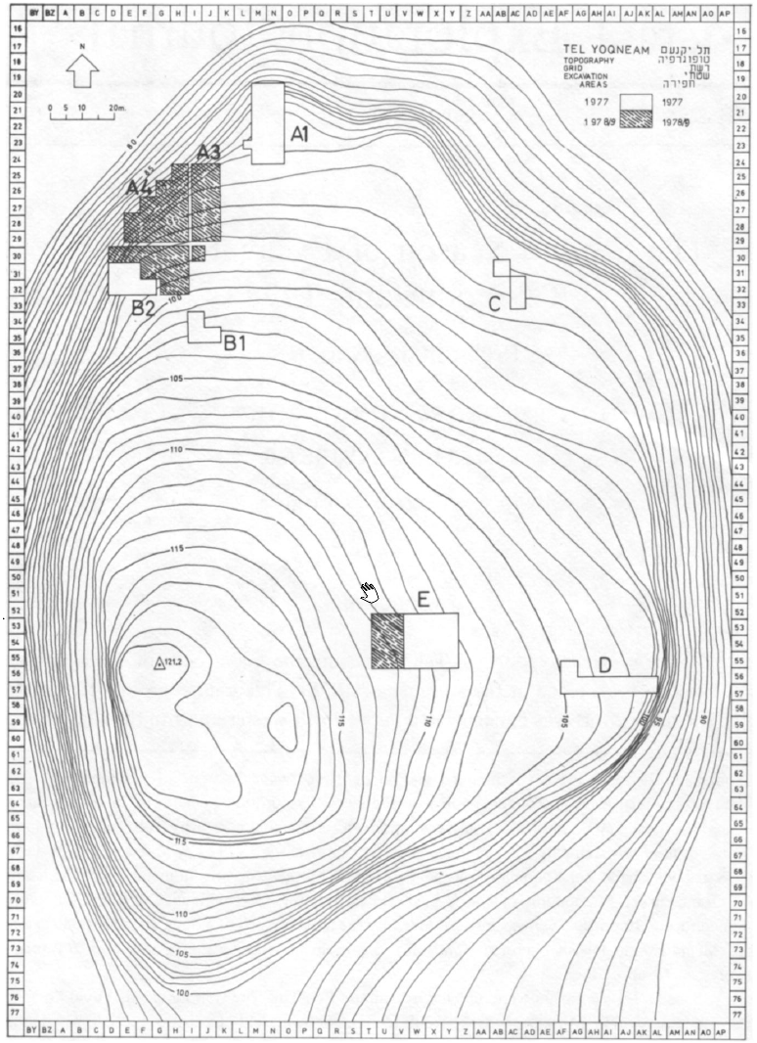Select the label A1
click(x=300, y=135)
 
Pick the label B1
click(x=235, y=342)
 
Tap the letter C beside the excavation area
click(x=495, y=303)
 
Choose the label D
click(x=604, y=666)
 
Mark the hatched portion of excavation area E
click(x=387, y=641)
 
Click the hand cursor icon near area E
click(x=370, y=591)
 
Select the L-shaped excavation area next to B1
click(x=202, y=328)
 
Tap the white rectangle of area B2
click(x=123, y=279)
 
